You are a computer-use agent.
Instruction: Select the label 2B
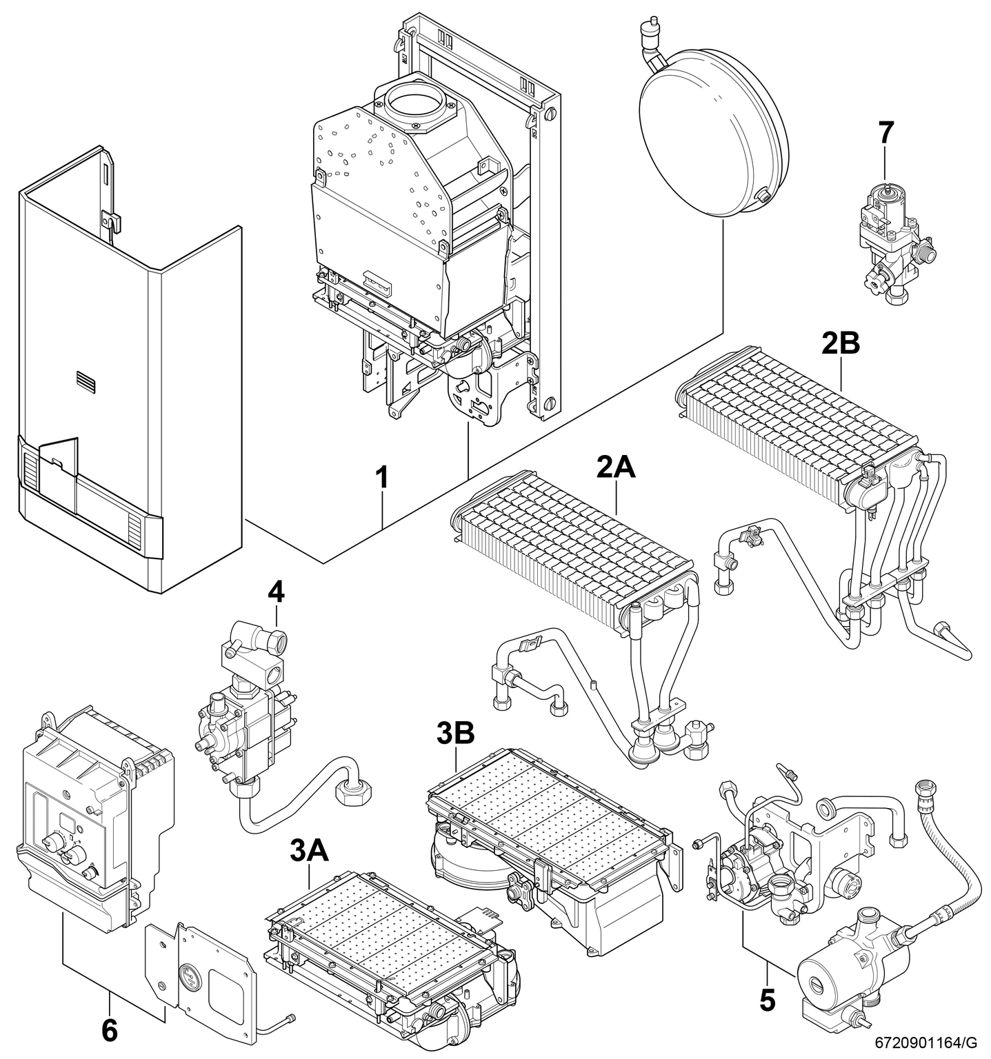tap(841, 343)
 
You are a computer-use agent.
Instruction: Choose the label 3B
tap(456, 735)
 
